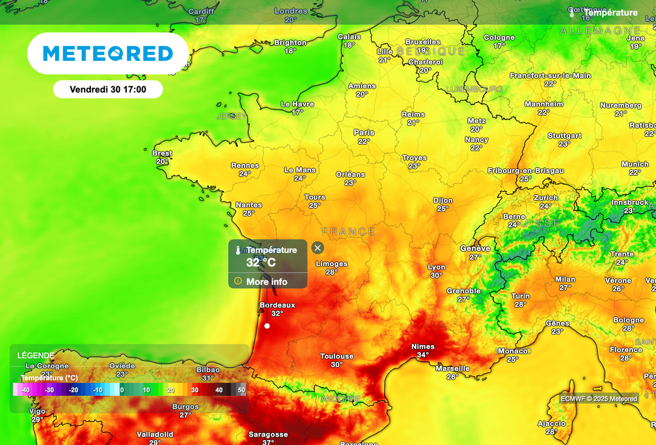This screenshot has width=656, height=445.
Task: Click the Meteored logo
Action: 108,54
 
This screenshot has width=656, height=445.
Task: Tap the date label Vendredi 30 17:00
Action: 108,90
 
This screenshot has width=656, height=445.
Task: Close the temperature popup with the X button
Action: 318,248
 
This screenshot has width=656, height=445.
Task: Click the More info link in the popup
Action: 266,282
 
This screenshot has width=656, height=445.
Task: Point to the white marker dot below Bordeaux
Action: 267,326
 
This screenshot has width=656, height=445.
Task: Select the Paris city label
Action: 364,133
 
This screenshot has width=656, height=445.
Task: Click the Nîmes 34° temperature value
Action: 423,355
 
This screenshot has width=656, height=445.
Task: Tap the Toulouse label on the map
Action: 337,356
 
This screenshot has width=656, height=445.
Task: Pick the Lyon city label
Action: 436,267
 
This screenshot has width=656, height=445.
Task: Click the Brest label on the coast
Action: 162,153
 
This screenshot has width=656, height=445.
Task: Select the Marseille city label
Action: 452,368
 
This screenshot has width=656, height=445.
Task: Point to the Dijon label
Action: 443,200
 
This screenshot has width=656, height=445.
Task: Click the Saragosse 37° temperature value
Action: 268,442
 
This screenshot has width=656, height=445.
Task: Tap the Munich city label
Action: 635,164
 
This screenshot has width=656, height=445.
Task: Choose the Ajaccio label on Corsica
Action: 551,423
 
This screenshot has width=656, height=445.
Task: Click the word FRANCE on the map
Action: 348,231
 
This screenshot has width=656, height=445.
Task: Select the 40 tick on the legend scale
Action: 218,389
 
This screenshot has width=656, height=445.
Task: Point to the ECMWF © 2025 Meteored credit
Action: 599,399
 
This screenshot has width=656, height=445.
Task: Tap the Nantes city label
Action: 249,205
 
